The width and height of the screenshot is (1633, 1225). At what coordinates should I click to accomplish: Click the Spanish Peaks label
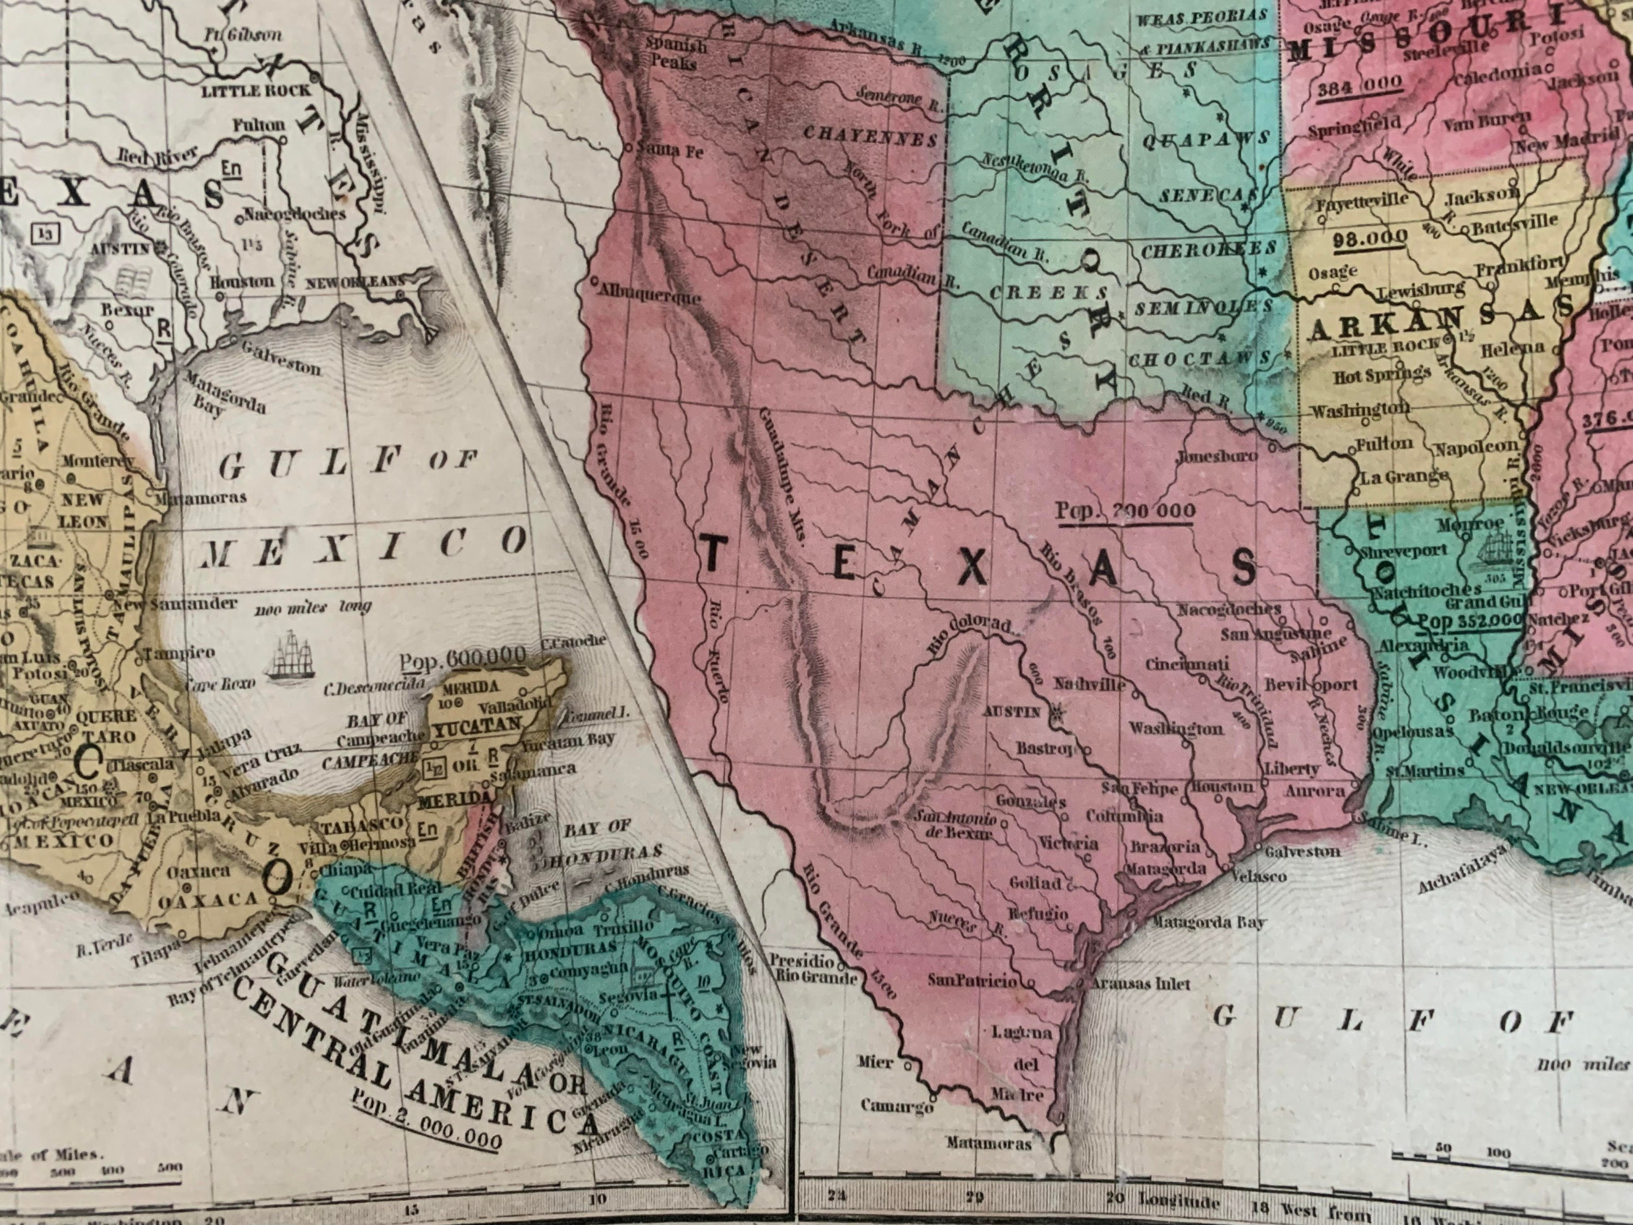[676, 54]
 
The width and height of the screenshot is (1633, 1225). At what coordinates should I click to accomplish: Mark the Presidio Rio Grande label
[813, 971]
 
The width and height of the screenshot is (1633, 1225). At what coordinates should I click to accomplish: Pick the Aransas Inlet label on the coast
[1140, 984]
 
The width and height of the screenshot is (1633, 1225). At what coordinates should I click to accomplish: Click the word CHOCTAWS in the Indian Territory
[1199, 359]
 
